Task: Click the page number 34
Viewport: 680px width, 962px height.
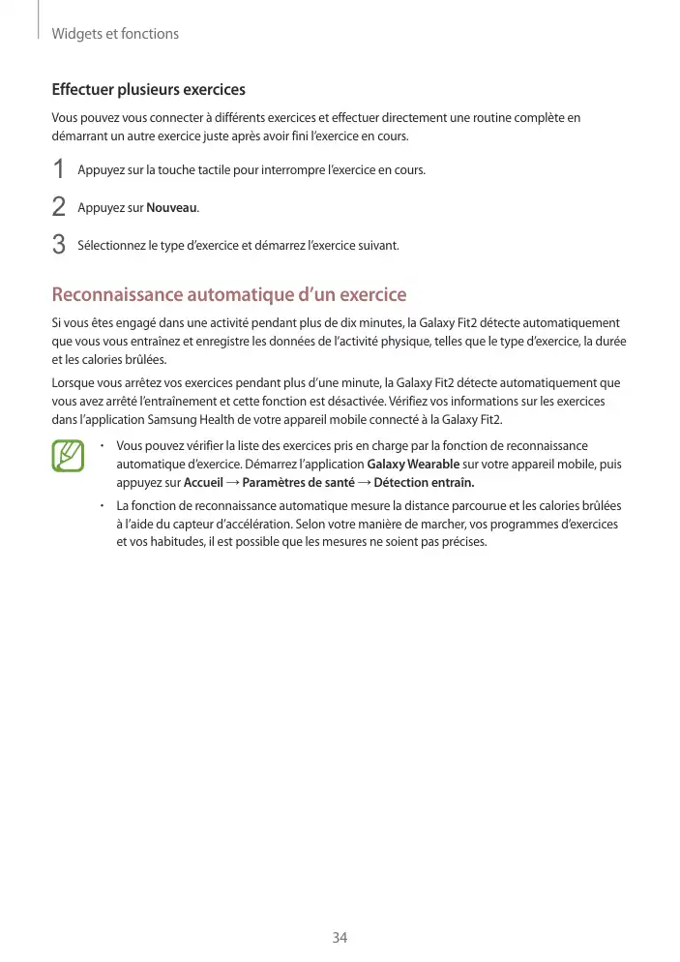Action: tap(340, 937)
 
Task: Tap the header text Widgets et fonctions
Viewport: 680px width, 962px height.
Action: tap(115, 34)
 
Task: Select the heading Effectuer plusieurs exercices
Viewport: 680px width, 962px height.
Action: tap(148, 90)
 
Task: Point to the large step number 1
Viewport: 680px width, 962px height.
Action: tap(59, 170)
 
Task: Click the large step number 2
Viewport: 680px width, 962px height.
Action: tap(59, 207)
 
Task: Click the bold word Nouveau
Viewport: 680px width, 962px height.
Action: tap(172, 208)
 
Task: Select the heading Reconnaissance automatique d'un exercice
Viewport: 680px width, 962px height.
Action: tap(228, 294)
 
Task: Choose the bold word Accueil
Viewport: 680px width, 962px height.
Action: tap(203, 483)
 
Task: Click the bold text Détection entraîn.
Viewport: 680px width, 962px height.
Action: tap(424, 483)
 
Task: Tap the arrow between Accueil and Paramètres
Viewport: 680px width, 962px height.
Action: tap(232, 483)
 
